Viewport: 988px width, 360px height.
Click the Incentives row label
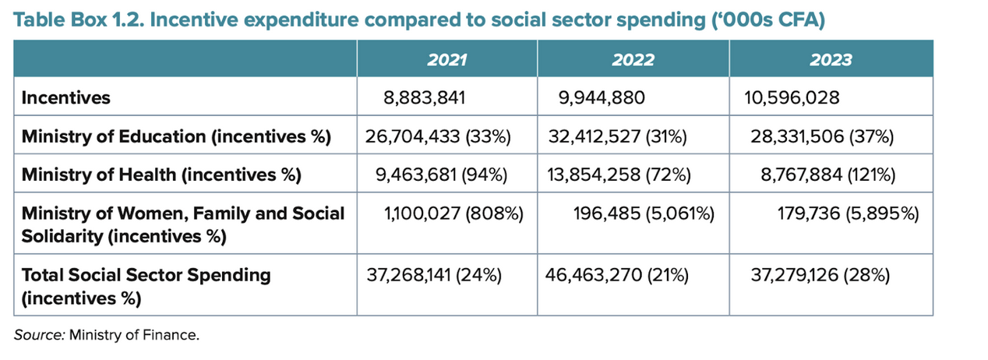coord(66,98)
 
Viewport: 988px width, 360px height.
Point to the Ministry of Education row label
coord(176,137)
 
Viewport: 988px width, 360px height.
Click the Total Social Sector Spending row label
coord(146,275)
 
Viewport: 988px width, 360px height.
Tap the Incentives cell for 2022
coord(603,98)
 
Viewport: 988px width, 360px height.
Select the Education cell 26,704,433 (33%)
coord(437,137)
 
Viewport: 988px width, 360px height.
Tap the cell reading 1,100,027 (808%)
coord(452,214)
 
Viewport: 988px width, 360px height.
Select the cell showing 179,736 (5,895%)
coord(845,214)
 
